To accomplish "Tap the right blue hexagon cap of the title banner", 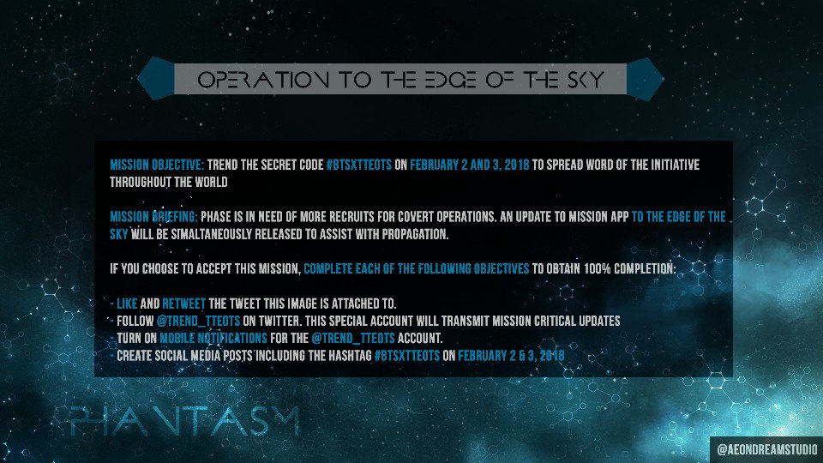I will click(x=645, y=77).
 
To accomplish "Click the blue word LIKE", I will click(x=127, y=303).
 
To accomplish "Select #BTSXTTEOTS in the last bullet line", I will click(x=407, y=355).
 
